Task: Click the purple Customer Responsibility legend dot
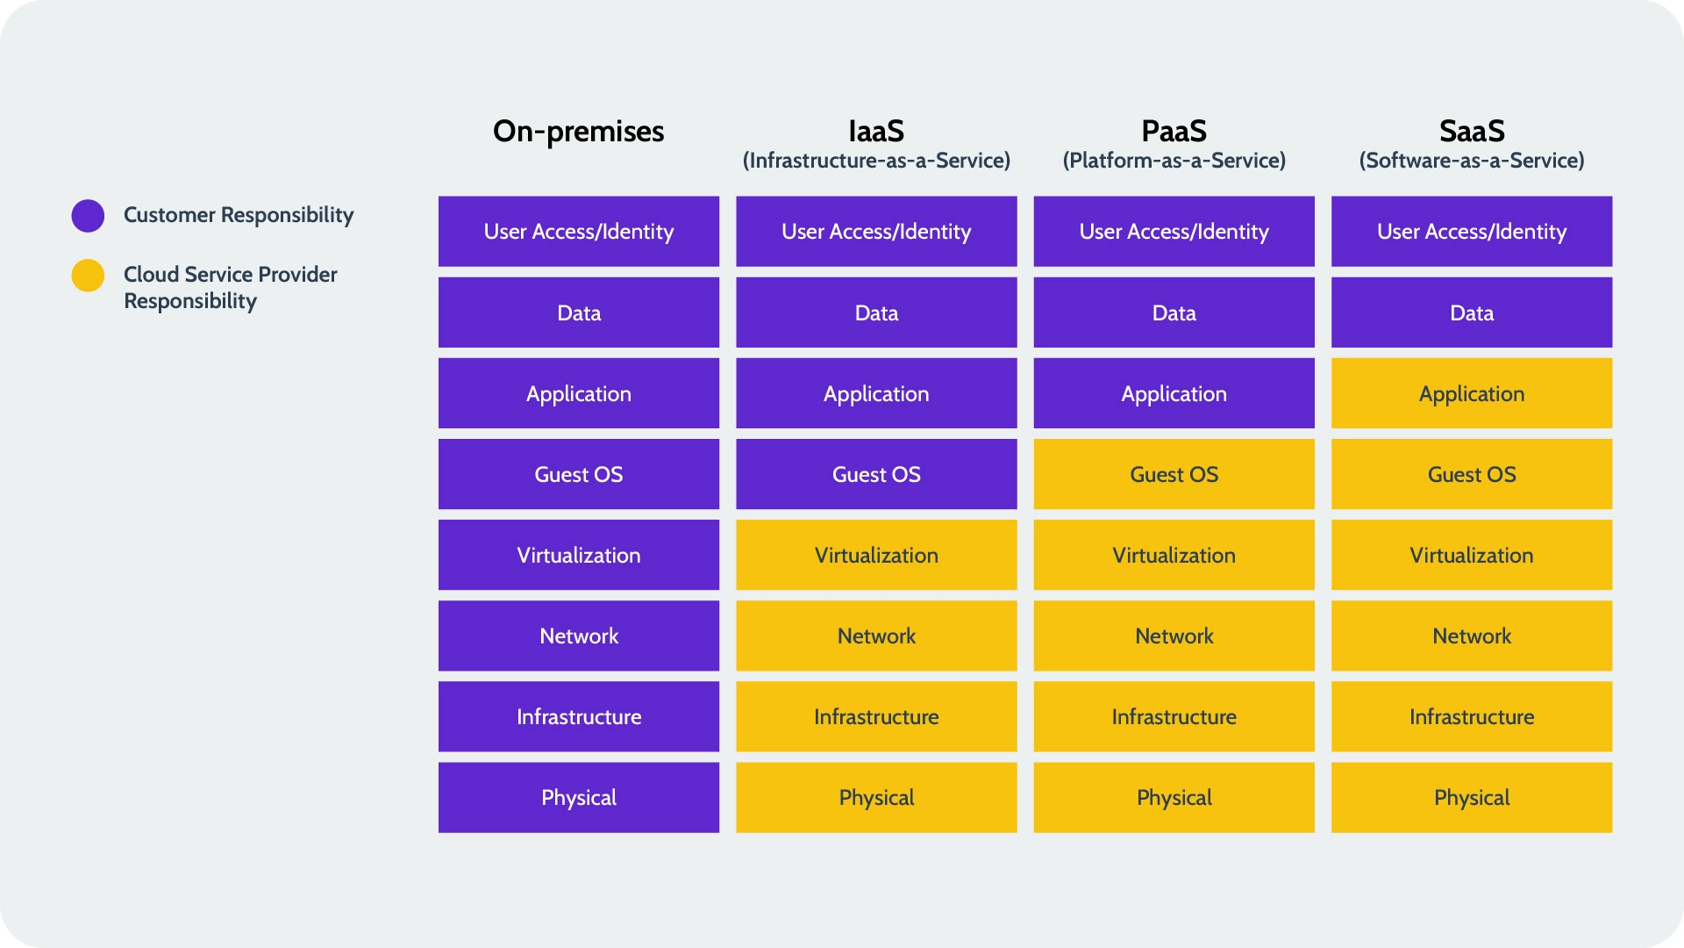click(x=88, y=215)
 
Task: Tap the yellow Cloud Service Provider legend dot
click(x=88, y=276)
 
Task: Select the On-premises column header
click(x=578, y=132)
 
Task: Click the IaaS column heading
click(x=876, y=132)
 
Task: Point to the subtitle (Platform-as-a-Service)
click(x=1174, y=161)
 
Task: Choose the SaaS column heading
click(x=1472, y=132)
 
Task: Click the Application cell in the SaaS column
click(x=1472, y=393)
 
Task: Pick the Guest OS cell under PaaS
click(x=1174, y=474)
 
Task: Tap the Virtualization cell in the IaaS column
click(x=876, y=555)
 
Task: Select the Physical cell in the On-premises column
click(x=578, y=797)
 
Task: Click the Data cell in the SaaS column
click(x=1472, y=312)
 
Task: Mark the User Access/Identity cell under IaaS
click(x=876, y=231)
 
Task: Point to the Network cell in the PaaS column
click(x=1174, y=636)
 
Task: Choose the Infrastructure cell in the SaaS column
click(x=1472, y=716)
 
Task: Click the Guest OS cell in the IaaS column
click(x=876, y=474)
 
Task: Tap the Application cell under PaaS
click(x=1174, y=393)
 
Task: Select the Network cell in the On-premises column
click(x=578, y=636)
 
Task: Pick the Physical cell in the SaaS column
click(x=1472, y=797)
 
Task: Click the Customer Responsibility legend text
click(x=239, y=215)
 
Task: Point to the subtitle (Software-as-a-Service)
click(x=1472, y=161)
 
